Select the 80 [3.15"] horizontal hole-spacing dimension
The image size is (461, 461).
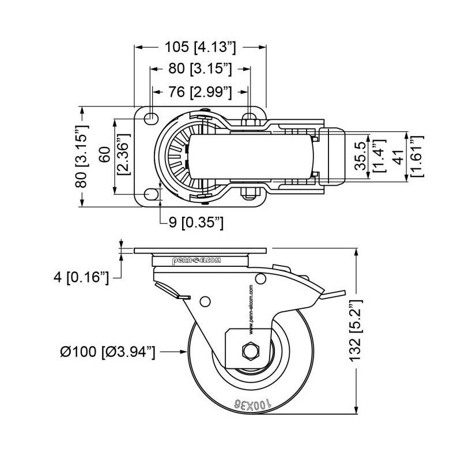(x=201, y=69)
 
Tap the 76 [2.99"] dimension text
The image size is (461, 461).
(x=201, y=92)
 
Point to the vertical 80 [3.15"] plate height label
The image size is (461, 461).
(x=82, y=156)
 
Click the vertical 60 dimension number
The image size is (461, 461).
(x=104, y=156)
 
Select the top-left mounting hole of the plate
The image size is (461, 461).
(x=151, y=118)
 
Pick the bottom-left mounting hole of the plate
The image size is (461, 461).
(x=151, y=194)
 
